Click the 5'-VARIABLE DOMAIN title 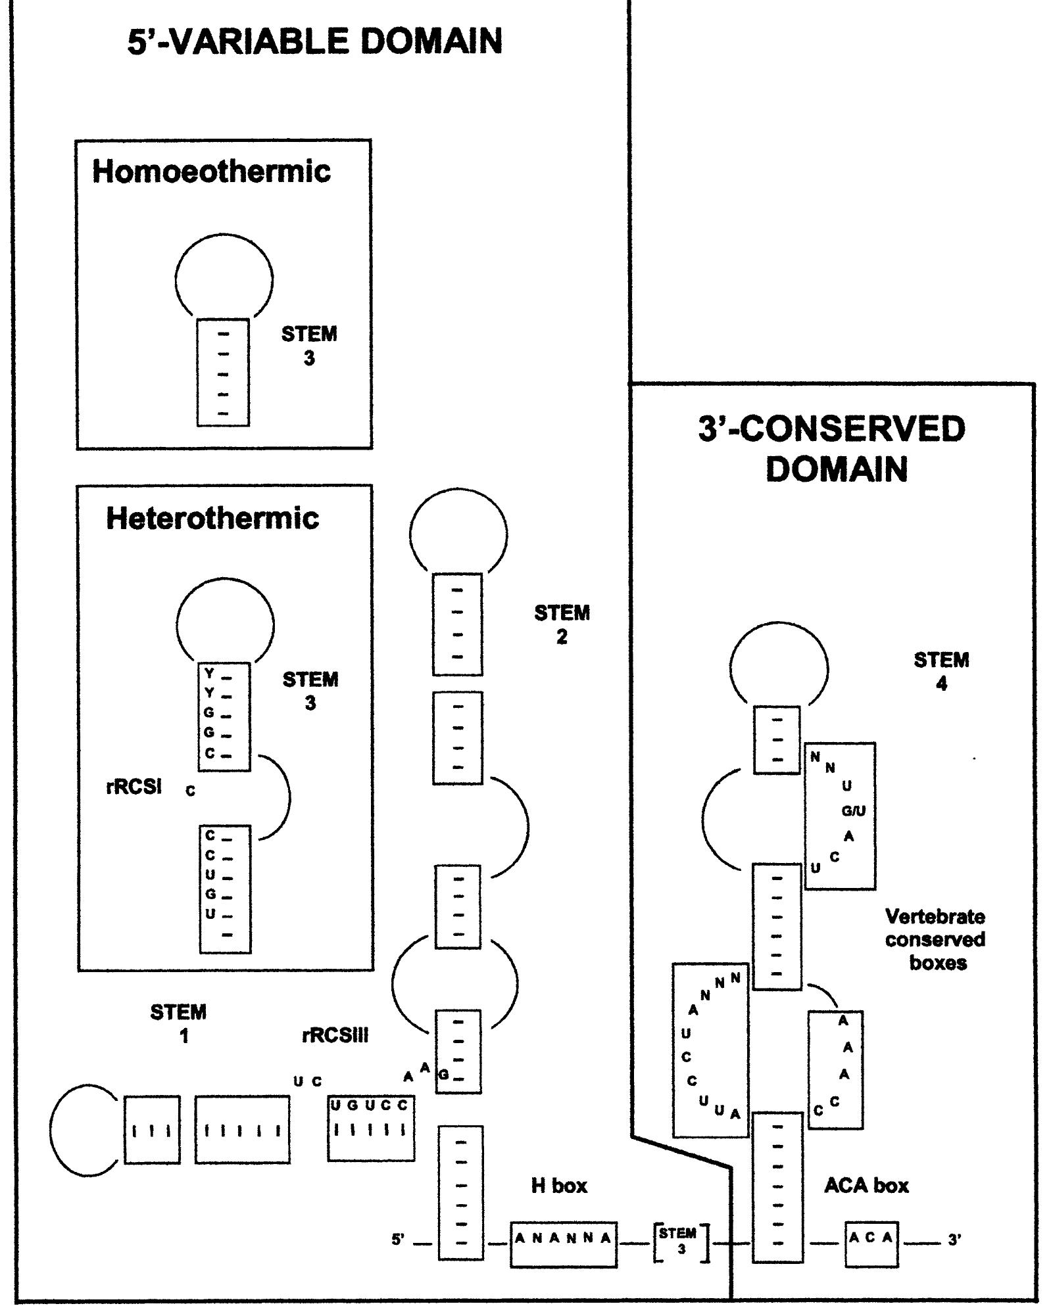point(314,41)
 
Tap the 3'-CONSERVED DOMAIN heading point(832,450)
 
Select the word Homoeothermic point(211,172)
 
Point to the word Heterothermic point(212,519)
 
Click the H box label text point(559,1186)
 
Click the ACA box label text point(866,1186)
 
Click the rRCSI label point(134,787)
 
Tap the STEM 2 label point(562,625)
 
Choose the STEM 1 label point(178,1023)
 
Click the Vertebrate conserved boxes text point(935,940)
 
